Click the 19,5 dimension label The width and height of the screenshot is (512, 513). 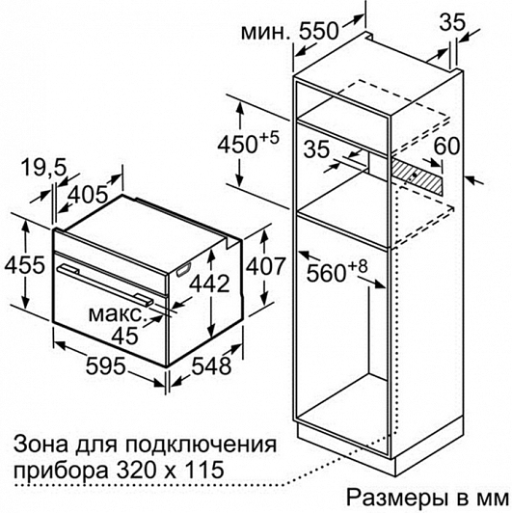click(43, 168)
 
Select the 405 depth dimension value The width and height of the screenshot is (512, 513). click(89, 195)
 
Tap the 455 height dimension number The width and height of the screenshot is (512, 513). click(24, 264)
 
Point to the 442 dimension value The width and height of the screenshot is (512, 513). click(210, 283)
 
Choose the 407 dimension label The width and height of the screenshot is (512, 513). click(265, 266)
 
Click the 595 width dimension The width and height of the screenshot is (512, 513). click(106, 365)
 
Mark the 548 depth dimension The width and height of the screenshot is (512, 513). click(211, 365)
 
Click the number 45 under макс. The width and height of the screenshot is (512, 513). click(125, 336)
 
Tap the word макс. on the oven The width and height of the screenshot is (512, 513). click(116, 314)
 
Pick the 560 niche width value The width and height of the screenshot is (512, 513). click(337, 270)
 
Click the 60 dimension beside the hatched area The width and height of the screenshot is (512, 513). click(446, 146)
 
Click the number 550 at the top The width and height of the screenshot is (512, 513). click(317, 32)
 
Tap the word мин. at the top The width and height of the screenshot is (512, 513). click(265, 33)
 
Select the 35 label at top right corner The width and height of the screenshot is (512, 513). click(452, 22)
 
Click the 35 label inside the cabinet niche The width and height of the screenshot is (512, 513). click(316, 149)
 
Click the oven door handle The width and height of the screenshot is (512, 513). click(106, 283)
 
